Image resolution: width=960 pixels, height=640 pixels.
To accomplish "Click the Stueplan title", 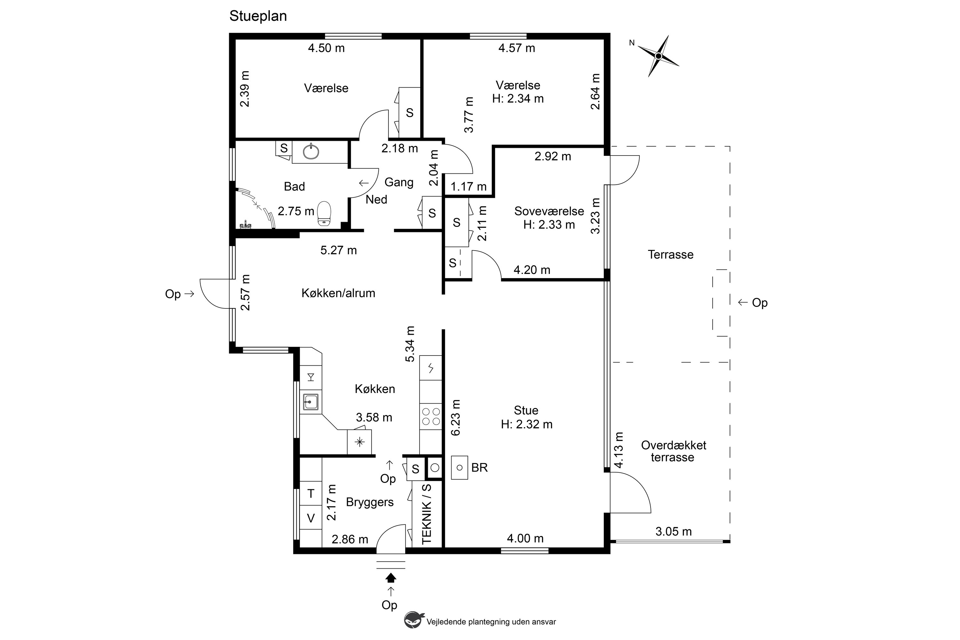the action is tap(258, 16).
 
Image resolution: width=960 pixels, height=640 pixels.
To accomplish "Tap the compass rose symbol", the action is tap(658, 56).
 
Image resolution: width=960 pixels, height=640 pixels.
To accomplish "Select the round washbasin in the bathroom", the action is tap(311, 151).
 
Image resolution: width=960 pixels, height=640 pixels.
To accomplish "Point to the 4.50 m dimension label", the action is tap(326, 48).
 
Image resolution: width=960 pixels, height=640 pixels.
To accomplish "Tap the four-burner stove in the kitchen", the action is tap(431, 416).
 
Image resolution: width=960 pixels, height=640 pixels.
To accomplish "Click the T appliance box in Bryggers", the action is tap(311, 493).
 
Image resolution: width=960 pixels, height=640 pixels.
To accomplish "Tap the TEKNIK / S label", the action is tap(427, 514).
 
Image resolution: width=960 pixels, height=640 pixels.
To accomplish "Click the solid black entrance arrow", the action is tap(391, 577).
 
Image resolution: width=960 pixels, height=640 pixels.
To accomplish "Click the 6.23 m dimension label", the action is tap(455, 418).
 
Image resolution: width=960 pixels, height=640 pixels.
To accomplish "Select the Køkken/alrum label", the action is tap(338, 293).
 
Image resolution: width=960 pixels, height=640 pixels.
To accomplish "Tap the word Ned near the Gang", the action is tap(376, 200).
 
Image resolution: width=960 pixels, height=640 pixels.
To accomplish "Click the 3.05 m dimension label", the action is tap(674, 532).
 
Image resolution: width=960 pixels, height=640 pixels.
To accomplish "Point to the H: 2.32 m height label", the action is tap(526, 425).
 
